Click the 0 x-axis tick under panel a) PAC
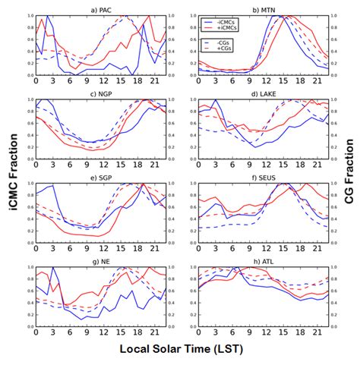(36, 80)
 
